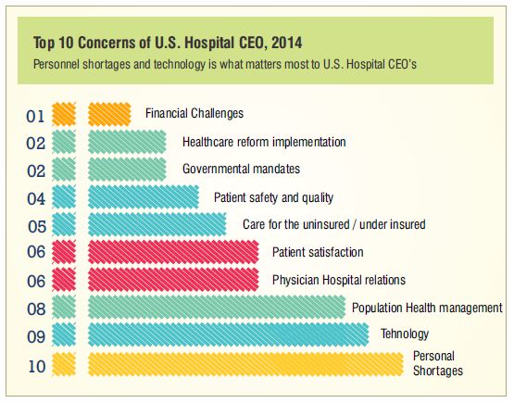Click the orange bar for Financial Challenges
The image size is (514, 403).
109,114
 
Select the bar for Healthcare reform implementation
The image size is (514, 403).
127,142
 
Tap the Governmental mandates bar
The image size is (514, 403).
127,170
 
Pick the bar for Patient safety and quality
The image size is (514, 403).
144,196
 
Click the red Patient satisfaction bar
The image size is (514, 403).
173,252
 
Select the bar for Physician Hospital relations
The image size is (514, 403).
173,280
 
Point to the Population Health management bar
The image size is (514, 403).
217,307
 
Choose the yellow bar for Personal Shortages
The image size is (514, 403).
245,364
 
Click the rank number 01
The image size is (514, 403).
35,117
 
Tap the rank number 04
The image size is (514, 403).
36,198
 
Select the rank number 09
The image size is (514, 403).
36,337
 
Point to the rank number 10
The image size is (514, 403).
37,366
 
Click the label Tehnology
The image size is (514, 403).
405,334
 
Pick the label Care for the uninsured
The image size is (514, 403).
296,224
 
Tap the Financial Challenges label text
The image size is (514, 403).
194,113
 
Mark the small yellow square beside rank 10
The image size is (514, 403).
64,364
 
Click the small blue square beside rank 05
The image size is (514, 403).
64,224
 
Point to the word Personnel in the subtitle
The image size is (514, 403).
56,64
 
